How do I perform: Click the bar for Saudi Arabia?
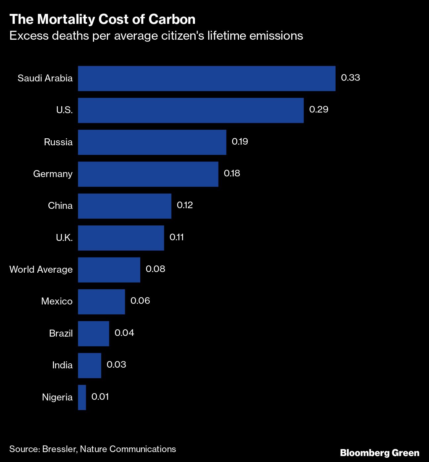pos(207,78)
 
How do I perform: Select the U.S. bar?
pos(191,110)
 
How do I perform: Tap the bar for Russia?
pos(152,142)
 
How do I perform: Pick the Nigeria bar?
pos(82,397)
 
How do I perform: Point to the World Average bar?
pos(109,270)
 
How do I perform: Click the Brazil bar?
pos(93,334)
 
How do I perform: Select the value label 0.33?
pos(350,78)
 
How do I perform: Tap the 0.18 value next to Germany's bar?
pos(232,173)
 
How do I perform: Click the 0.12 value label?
pos(185,205)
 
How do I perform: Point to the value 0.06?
pos(140,301)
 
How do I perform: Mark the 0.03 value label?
pos(116,365)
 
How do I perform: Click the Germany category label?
pos(53,174)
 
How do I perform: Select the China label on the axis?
pos(60,206)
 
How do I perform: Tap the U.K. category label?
pos(64,238)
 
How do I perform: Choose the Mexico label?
pos(57,301)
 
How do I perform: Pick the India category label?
pos(62,365)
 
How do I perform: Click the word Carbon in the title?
pos(172,20)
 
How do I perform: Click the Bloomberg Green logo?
pos(380,453)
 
